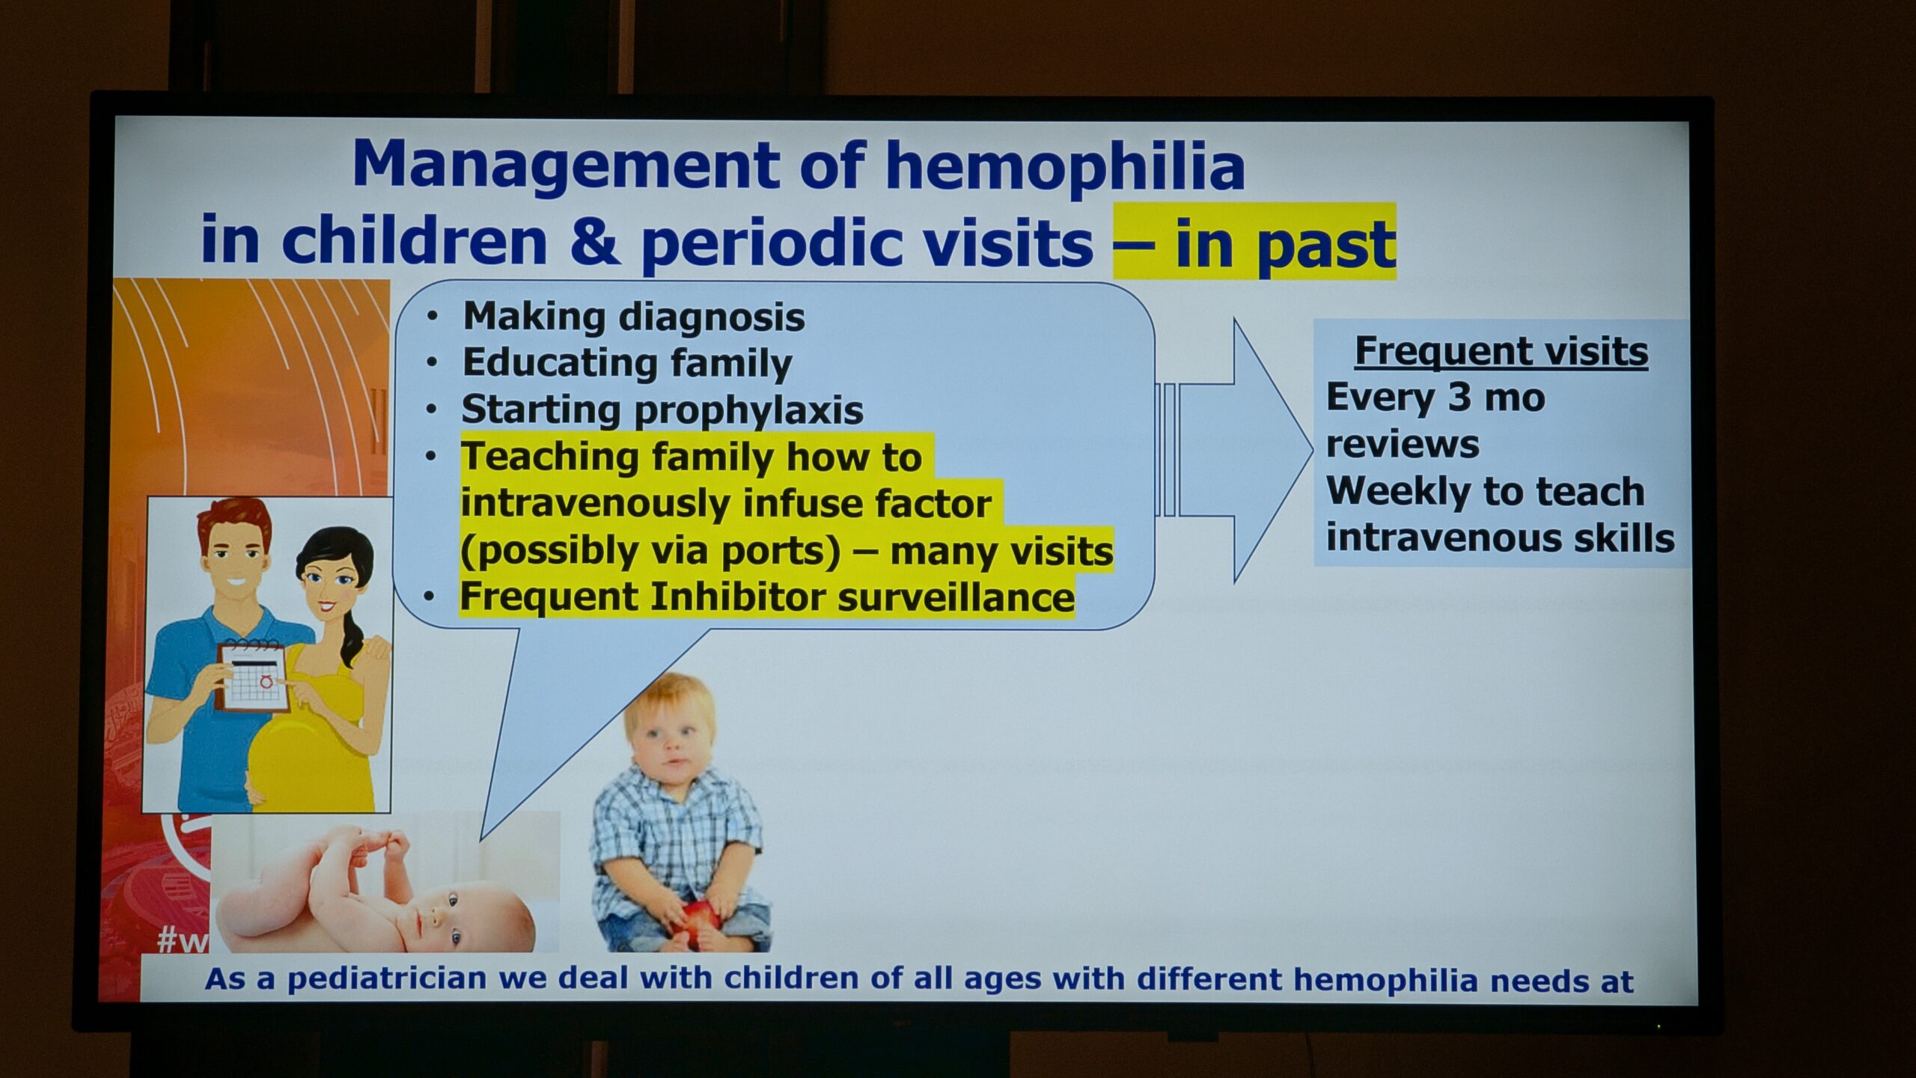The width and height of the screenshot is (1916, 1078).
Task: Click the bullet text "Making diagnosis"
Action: point(634,317)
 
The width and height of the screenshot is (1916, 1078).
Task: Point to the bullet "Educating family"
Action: point(627,364)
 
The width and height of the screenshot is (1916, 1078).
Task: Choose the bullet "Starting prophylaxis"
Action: point(662,410)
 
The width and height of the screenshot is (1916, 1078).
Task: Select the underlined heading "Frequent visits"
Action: point(1501,351)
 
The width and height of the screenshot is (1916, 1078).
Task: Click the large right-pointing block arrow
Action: point(1235,450)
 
